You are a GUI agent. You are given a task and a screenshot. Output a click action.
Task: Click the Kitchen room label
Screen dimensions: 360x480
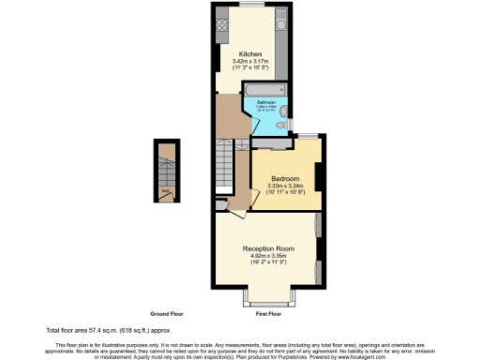[x=249, y=53]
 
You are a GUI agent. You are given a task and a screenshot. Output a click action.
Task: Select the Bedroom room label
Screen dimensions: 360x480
[x=285, y=178]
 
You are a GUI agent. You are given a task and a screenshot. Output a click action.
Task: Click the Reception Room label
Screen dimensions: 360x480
[x=269, y=248]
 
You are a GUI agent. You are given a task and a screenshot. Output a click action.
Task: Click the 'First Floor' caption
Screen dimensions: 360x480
[x=268, y=313]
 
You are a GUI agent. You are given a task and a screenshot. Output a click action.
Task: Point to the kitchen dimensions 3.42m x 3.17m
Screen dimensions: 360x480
[x=249, y=62]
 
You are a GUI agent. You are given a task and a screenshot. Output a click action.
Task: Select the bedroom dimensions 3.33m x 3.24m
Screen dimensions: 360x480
[x=285, y=186]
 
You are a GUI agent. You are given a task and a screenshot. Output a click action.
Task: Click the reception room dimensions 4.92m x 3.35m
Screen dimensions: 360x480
[x=269, y=256]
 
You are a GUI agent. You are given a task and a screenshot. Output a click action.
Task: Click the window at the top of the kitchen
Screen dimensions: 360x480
[x=249, y=6]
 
